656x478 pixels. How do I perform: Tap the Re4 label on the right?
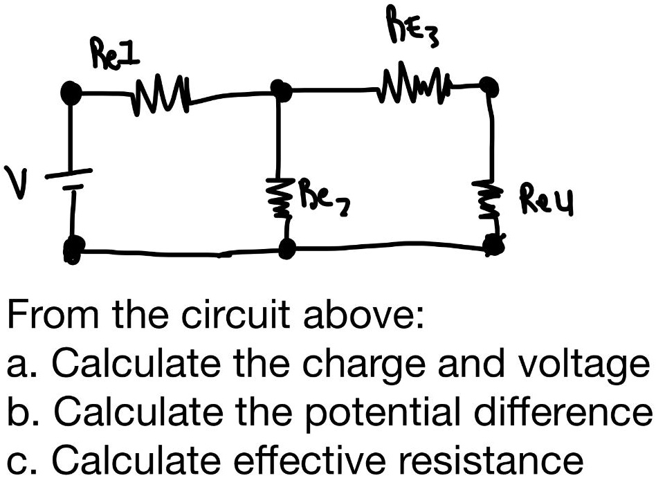click(552, 201)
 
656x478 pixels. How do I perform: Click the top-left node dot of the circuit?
click(71, 91)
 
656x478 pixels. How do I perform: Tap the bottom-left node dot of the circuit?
click(73, 250)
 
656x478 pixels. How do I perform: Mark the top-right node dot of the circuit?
click(489, 86)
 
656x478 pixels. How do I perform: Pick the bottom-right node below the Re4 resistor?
click(493, 244)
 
